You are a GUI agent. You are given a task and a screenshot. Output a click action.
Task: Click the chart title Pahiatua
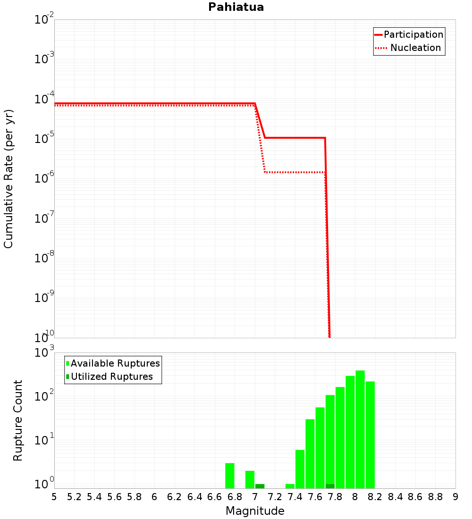(236, 7)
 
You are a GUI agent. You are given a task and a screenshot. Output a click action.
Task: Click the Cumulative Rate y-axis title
(8, 178)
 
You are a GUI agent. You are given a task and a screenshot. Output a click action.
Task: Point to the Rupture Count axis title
(18, 420)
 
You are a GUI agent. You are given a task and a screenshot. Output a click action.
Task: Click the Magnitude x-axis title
(255, 511)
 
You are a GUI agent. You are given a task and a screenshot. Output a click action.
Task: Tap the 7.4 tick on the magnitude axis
(295, 497)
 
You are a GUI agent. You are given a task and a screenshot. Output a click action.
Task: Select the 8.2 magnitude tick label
(375, 497)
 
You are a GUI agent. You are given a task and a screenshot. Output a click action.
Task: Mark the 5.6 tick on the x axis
(114, 497)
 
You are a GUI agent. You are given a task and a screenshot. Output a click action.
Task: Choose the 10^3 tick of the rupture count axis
(45, 352)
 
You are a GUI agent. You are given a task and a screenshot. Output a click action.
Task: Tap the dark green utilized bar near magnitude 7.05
(260, 486)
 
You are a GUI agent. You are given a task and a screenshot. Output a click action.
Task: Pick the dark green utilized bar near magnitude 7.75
(330, 486)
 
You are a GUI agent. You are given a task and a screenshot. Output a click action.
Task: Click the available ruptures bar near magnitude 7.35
(290, 486)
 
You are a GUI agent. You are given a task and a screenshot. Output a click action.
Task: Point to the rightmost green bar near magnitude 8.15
(370, 434)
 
